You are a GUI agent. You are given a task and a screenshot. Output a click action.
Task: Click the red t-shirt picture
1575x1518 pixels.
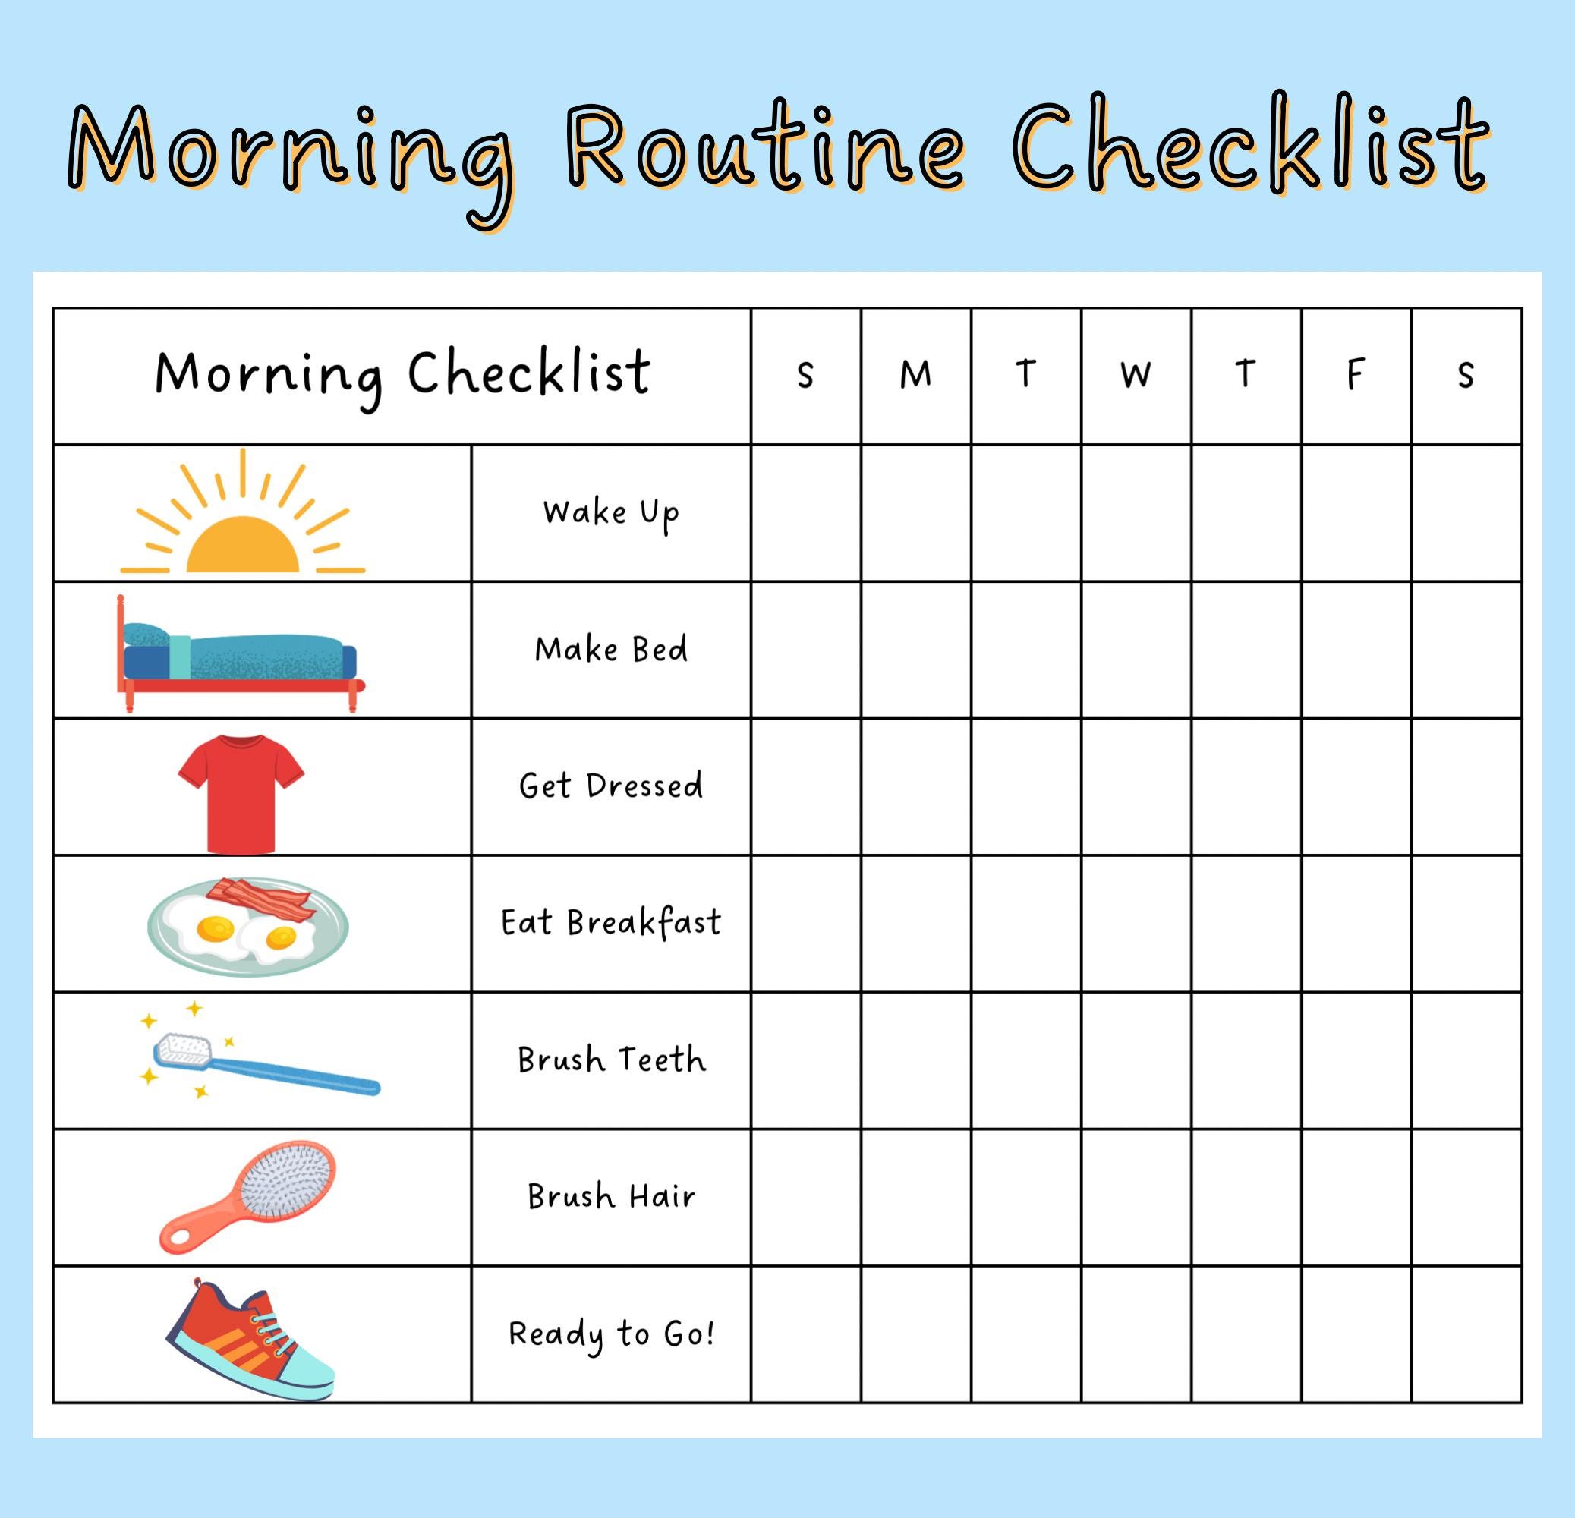click(x=241, y=792)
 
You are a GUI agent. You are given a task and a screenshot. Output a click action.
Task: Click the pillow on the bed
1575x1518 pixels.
click(x=146, y=634)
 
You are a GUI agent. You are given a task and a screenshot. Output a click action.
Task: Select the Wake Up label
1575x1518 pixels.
click(x=611, y=512)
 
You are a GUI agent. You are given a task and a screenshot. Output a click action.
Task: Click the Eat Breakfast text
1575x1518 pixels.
click(x=611, y=922)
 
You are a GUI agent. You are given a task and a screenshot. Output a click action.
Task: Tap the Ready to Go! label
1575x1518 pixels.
click(x=611, y=1334)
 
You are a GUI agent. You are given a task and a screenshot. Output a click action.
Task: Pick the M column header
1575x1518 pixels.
click(x=915, y=374)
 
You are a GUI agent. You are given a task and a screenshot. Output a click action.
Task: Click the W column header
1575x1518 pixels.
click(x=1136, y=374)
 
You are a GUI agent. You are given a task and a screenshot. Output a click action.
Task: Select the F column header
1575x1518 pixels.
click(x=1356, y=374)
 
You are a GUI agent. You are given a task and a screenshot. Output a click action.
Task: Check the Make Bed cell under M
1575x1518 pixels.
click(x=915, y=649)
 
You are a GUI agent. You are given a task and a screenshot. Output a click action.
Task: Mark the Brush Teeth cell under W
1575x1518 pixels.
click(x=1136, y=1060)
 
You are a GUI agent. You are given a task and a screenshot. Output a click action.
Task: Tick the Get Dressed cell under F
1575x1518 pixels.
click(x=1356, y=786)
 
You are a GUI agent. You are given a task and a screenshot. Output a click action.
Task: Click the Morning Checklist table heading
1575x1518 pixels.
click(x=402, y=374)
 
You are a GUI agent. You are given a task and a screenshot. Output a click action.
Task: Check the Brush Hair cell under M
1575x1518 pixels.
click(x=915, y=1196)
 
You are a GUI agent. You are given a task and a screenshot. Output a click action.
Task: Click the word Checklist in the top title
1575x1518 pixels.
click(x=1249, y=149)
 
